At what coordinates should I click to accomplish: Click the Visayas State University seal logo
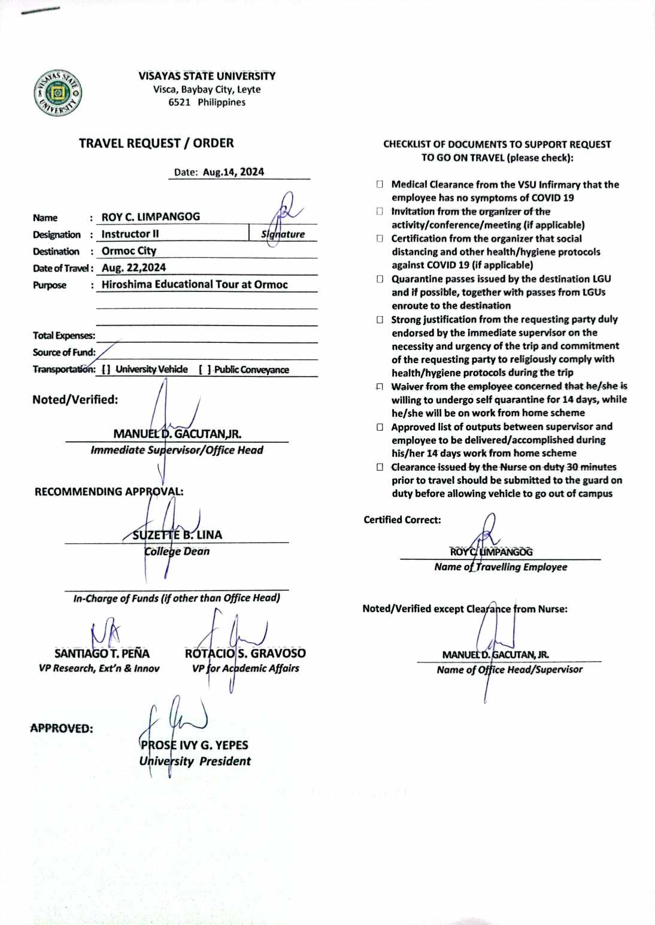[x=57, y=93]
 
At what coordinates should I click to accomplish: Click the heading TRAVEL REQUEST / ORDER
[x=156, y=144]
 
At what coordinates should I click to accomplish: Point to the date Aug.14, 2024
[x=233, y=172]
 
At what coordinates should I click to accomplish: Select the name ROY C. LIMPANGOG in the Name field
[x=151, y=217]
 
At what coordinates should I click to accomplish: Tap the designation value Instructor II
[x=130, y=234]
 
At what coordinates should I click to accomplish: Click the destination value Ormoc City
[x=129, y=251]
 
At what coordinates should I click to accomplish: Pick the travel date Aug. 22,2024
[x=134, y=267]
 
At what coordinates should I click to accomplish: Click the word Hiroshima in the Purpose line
[x=126, y=285]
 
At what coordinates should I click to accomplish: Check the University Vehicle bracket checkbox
[x=106, y=370]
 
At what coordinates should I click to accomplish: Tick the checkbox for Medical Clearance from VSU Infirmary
[x=380, y=184]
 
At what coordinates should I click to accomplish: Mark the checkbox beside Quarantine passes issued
[x=380, y=279]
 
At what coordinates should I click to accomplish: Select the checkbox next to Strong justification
[x=380, y=320]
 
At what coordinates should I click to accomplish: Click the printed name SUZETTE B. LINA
[x=177, y=535]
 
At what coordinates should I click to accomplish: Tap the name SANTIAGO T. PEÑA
[x=102, y=653]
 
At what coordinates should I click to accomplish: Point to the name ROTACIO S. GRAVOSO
[x=245, y=653]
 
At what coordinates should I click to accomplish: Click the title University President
[x=195, y=762]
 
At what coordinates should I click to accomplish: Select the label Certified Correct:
[x=402, y=520]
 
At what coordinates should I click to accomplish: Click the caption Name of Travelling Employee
[x=501, y=567]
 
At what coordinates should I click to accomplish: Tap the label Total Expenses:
[x=63, y=336]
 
